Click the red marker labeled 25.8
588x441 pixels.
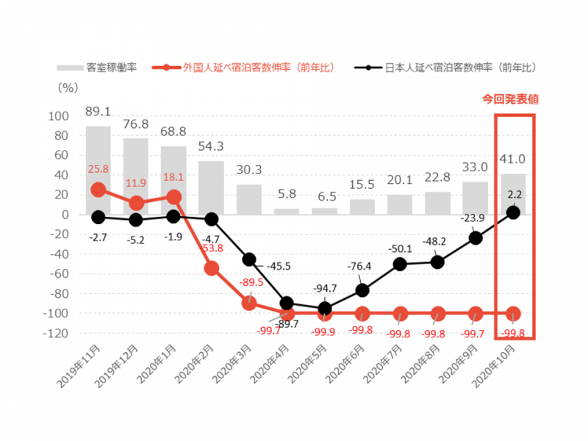coord(98,190)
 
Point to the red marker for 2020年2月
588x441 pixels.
coord(212,268)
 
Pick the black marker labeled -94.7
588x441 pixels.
coord(325,309)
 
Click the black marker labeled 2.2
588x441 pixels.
coord(514,212)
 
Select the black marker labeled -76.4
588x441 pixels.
coord(362,290)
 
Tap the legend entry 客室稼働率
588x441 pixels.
coord(100,68)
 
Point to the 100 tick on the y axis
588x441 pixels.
coord(60,116)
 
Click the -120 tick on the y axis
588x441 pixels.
coord(58,333)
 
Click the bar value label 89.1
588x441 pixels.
coord(98,111)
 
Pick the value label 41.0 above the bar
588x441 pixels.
coord(514,158)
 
